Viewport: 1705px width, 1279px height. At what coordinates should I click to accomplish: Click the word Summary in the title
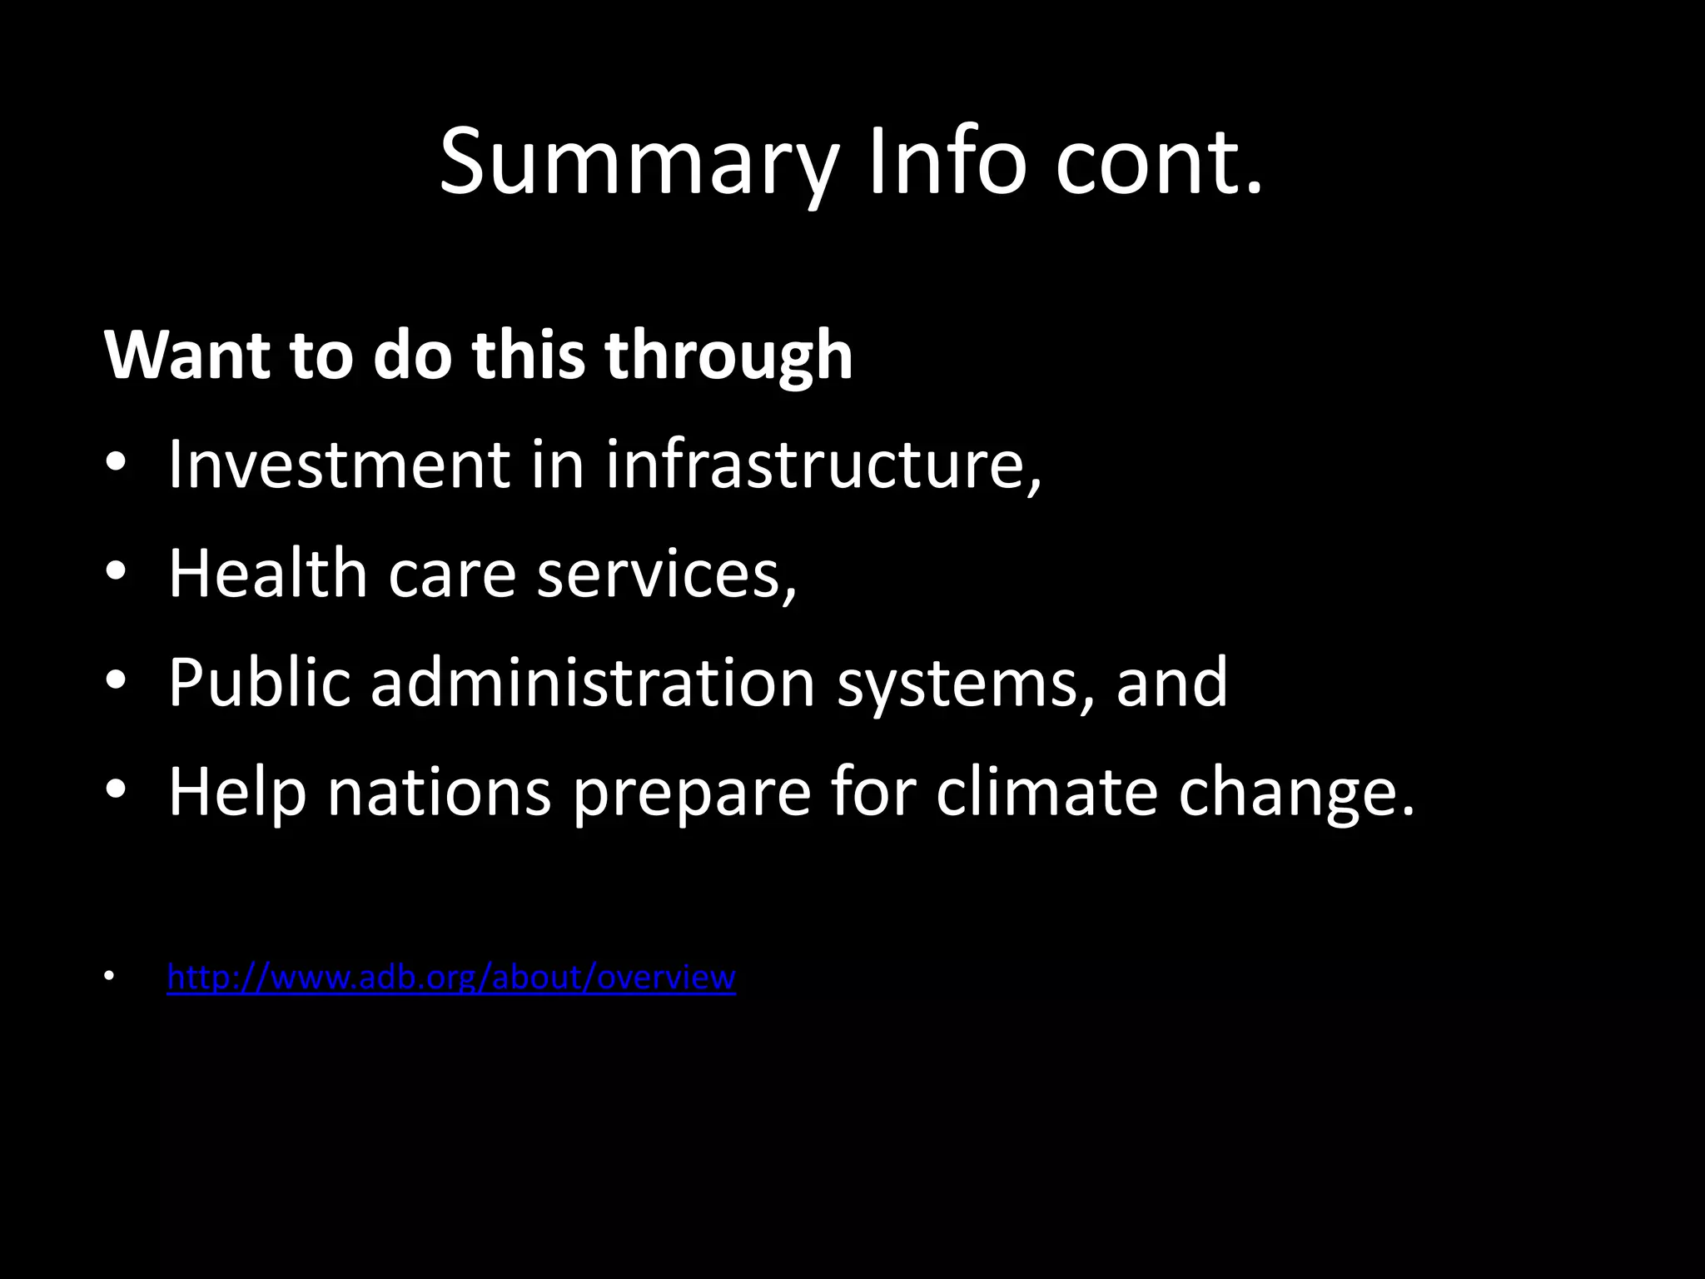pos(636,162)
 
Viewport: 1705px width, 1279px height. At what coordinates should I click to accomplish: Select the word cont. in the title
pos(1159,162)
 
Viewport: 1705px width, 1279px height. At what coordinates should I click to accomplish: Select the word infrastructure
pos(823,464)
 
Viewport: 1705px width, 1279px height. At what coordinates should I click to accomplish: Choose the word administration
pos(592,683)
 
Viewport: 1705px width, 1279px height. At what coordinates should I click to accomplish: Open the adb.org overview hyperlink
pos(451,977)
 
